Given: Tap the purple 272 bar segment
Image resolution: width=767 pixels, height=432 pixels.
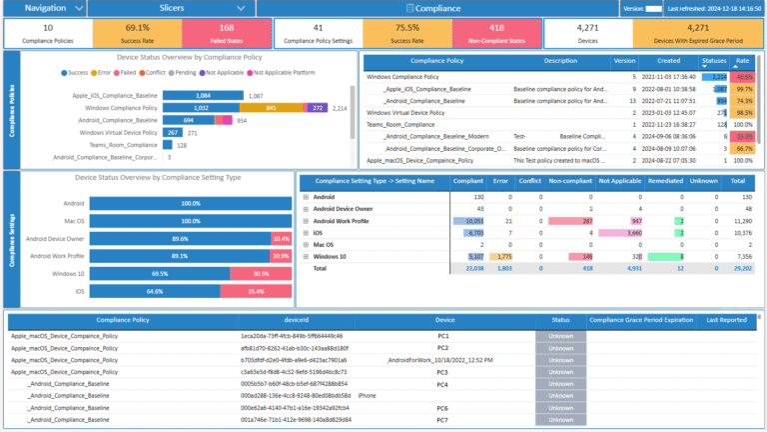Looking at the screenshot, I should click(317, 107).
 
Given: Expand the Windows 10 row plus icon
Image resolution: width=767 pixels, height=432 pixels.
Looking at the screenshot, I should click(306, 256).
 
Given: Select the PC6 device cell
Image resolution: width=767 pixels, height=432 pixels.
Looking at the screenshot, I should click(441, 408).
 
